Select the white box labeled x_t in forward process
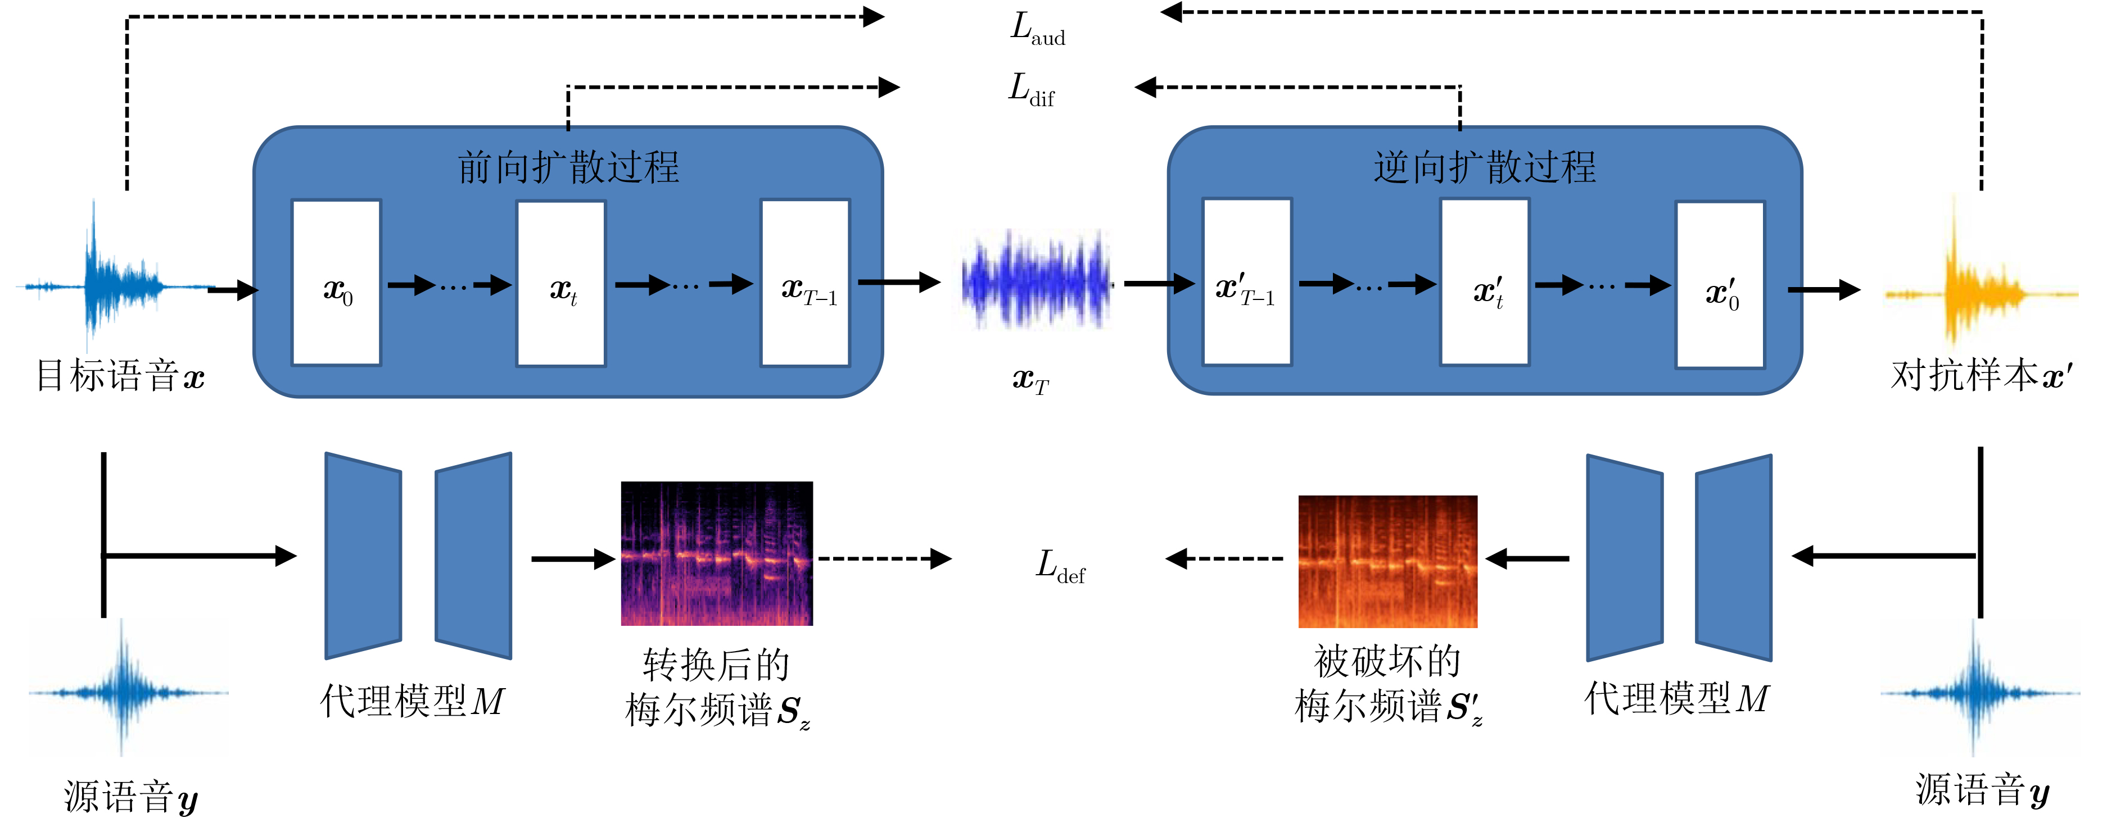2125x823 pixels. tap(561, 283)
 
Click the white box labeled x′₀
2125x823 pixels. tap(1720, 284)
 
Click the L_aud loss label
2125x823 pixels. tap(1038, 29)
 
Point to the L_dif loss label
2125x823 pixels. tap(1031, 89)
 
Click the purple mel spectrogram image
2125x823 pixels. tap(717, 553)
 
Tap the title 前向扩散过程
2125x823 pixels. tap(568, 167)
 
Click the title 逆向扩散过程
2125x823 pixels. tap(1484, 167)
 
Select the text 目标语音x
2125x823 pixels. tap(120, 376)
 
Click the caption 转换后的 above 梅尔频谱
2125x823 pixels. tap(716, 665)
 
